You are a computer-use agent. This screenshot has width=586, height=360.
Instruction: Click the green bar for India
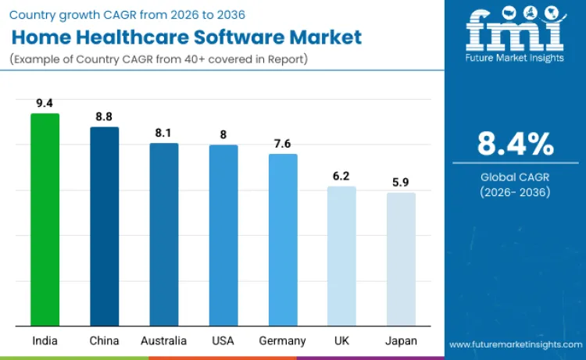(x=45, y=219)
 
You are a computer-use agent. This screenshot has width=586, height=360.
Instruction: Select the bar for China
(x=104, y=226)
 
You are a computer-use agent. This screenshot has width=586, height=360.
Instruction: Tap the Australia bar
(x=164, y=234)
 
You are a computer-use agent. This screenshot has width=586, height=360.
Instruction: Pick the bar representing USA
(x=223, y=235)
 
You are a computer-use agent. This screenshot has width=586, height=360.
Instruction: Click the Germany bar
(x=283, y=240)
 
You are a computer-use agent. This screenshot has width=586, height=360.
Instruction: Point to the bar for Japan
(x=401, y=259)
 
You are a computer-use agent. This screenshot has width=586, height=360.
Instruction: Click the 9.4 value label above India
(x=45, y=102)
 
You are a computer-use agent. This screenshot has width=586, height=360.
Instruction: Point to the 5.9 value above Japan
(x=401, y=182)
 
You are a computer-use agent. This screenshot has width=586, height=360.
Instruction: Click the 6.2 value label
(x=341, y=175)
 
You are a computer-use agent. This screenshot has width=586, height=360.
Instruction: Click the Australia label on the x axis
(x=164, y=340)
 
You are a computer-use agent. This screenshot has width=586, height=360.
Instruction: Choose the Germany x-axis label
(x=283, y=340)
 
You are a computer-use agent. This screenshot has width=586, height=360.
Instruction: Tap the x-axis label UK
(x=341, y=340)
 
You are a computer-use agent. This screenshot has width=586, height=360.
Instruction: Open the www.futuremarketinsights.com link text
(x=515, y=344)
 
